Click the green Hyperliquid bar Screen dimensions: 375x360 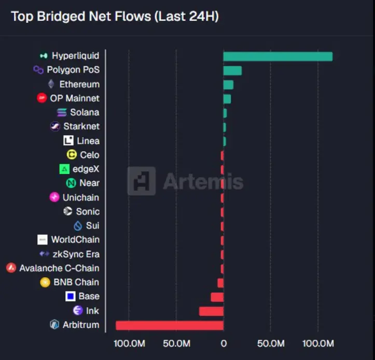pos(278,56)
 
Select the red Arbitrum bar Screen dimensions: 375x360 pos(170,326)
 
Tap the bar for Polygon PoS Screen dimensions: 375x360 pos(232,71)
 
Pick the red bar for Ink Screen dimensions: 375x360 pos(211,311)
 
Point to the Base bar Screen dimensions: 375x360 pos(217,297)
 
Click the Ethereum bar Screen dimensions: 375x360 pos(228,85)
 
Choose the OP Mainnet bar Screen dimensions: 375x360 pos(227,99)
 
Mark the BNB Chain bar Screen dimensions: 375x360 pos(220,283)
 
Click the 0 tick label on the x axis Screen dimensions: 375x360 pos(224,343)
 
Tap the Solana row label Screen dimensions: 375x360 pos(85,112)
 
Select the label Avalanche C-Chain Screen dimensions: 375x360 pos(59,268)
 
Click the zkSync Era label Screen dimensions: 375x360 pos(76,254)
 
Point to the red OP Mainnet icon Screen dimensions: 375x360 pos(41,98)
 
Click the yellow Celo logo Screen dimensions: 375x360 pos(72,154)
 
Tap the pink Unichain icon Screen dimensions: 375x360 pos(54,197)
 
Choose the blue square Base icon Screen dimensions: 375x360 pos(71,296)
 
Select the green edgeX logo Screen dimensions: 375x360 pos(64,169)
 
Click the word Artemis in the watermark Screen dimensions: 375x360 pos(203,181)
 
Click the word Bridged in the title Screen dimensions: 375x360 pos(61,17)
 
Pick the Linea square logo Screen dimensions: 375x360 pos(68,140)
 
